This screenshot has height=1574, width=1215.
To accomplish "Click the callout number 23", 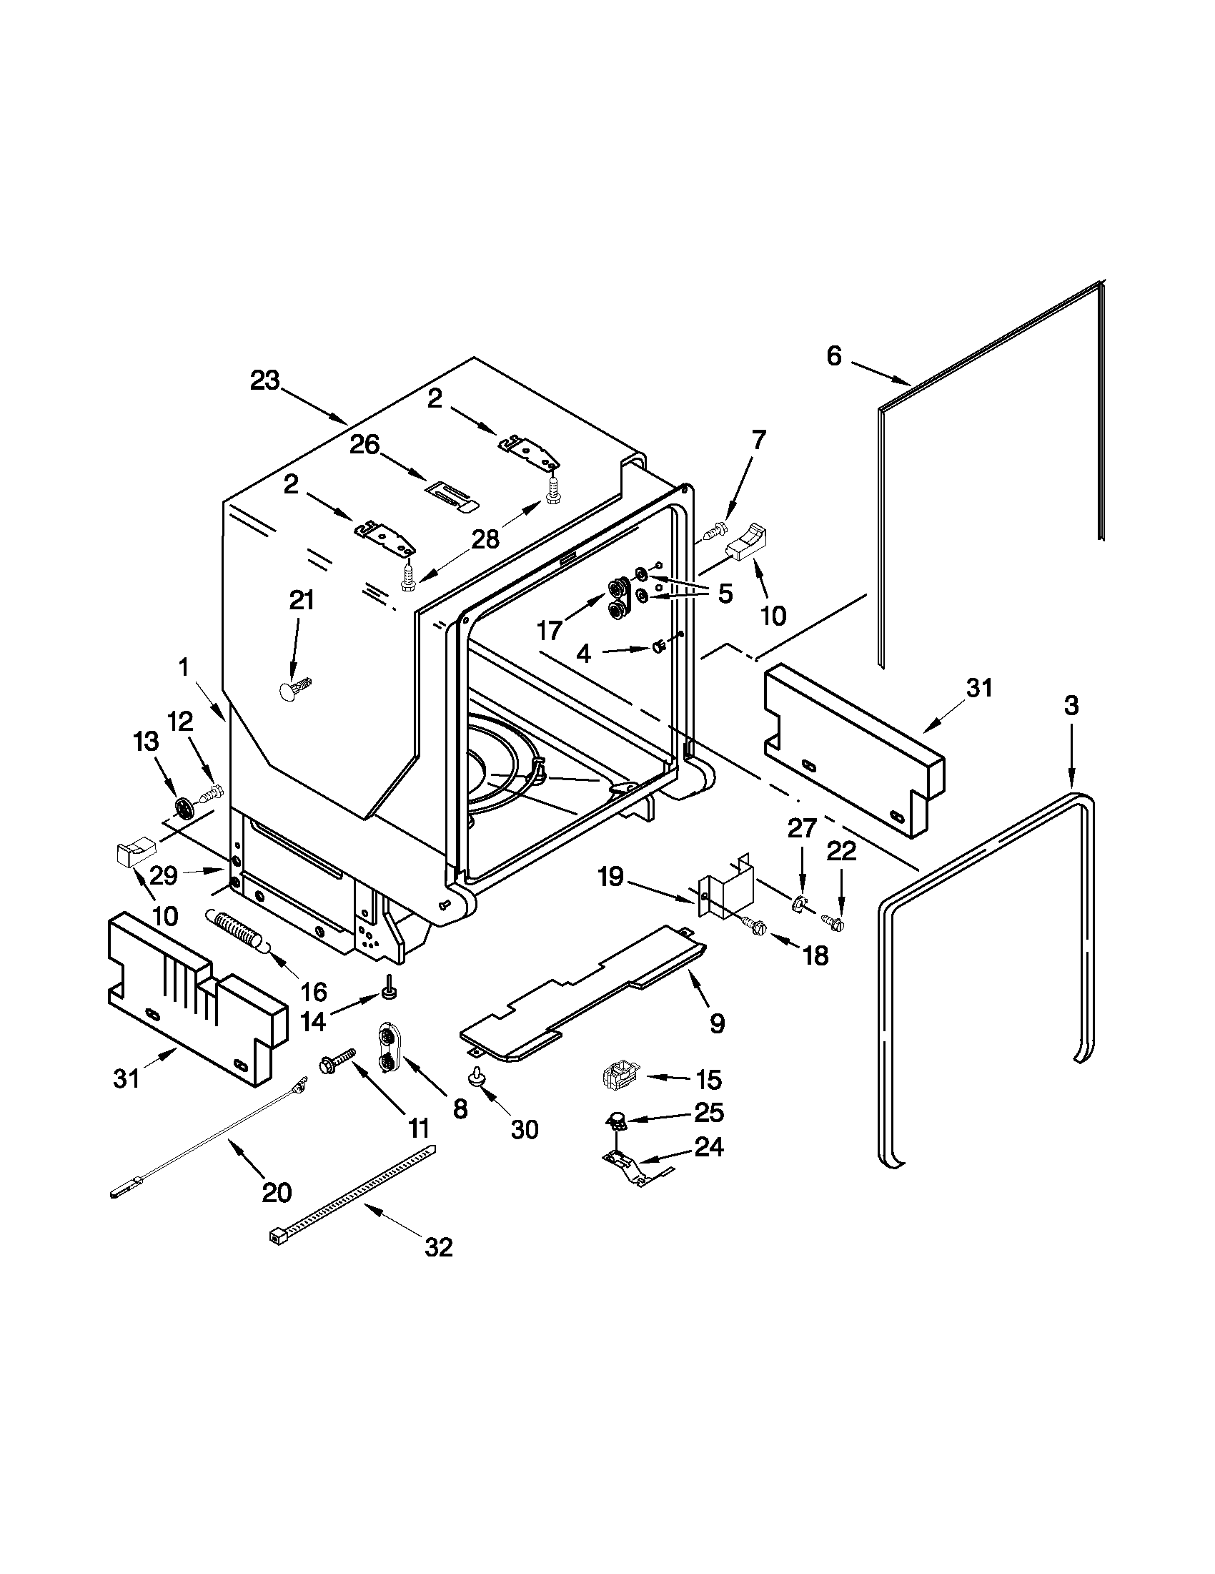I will [264, 380].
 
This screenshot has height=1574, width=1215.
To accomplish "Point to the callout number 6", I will [833, 355].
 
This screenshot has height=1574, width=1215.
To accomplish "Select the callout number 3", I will [1071, 706].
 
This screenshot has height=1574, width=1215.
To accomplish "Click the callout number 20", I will [277, 1193].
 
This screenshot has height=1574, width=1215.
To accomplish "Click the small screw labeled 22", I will [833, 920].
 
